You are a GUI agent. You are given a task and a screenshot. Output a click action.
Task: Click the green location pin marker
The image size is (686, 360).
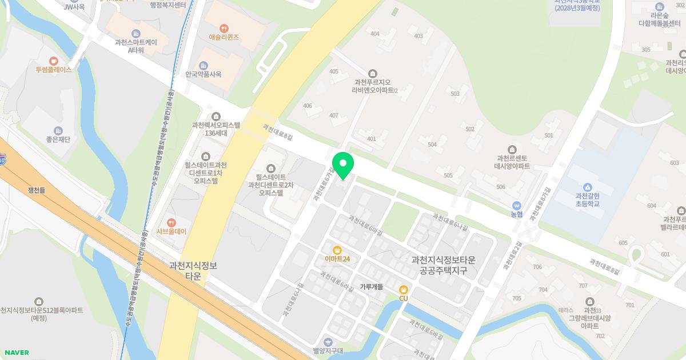tap(343, 165)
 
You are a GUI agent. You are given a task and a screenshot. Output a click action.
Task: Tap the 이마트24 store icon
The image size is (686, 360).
tap(337, 249)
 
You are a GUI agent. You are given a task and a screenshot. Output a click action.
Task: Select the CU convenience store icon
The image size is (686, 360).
tap(404, 289)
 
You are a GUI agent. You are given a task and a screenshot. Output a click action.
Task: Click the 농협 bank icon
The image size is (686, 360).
tap(517, 205)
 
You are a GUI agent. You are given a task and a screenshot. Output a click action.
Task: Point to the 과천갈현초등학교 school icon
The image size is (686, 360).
tap(587, 187)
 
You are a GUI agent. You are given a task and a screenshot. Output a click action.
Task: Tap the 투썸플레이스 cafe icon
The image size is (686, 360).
tap(54, 61)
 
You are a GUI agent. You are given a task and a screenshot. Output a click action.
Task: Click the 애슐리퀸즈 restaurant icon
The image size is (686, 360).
tap(224, 27)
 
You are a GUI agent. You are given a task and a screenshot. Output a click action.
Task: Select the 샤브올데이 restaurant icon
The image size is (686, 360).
tap(171, 222)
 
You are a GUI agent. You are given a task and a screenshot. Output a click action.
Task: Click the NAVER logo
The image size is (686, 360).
tap(16, 353)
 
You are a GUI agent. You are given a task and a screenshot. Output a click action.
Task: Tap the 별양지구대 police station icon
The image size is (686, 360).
tap(326, 341)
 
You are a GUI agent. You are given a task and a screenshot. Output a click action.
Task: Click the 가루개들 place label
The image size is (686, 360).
tap(371, 287)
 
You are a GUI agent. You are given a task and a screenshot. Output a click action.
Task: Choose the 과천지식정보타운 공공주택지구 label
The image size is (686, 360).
tap(444, 265)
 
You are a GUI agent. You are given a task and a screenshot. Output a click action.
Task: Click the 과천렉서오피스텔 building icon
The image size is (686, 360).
tap(216, 116)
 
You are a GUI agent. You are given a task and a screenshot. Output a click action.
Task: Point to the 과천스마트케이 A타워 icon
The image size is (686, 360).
tap(135, 33)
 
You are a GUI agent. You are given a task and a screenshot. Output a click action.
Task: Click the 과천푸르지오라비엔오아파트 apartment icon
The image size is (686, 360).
tap(373, 73)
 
